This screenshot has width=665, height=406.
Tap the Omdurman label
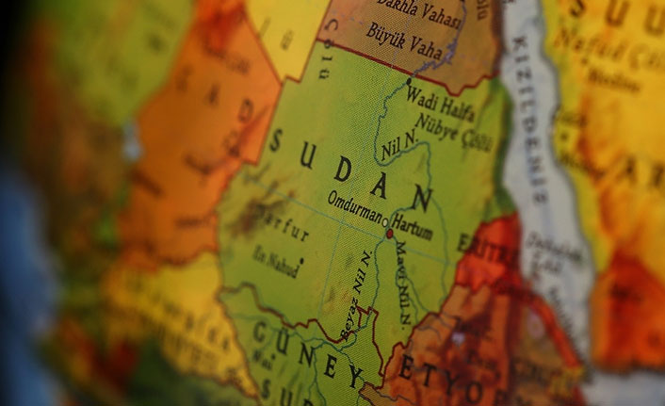354,199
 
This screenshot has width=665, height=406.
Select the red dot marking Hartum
389,232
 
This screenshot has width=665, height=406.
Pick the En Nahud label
276,257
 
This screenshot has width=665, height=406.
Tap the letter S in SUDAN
276,142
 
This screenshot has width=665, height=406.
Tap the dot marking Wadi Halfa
408,85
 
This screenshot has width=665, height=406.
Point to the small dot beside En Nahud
301,259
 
